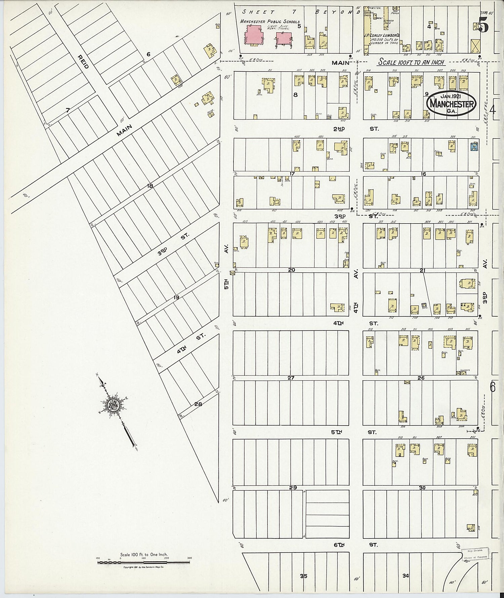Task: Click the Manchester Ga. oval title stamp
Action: click(x=452, y=104)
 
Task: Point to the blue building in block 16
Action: click(x=474, y=147)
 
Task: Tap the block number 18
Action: click(x=150, y=186)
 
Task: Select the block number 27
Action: click(x=291, y=378)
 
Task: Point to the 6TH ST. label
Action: click(x=356, y=545)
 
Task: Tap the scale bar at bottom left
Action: click(x=143, y=562)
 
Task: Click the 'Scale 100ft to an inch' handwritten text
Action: click(x=411, y=62)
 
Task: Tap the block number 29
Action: click(x=293, y=487)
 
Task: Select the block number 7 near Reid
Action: click(x=68, y=110)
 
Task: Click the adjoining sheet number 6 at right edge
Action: click(x=493, y=387)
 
